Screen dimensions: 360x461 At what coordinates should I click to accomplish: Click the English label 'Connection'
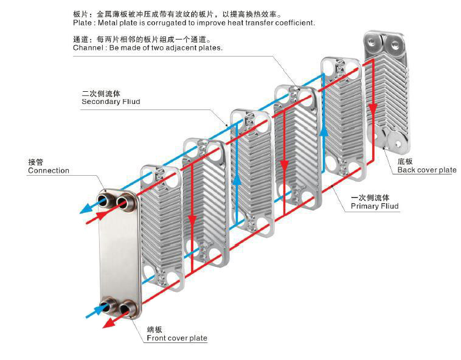point(49,171)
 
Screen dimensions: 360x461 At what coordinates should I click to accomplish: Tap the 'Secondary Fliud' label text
point(111,102)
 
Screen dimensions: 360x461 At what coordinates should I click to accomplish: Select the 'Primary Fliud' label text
point(375,207)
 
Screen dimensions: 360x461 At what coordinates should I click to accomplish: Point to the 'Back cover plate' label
point(426,170)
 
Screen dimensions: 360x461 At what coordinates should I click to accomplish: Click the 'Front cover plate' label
point(176,338)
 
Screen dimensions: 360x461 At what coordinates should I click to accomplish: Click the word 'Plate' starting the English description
point(82,23)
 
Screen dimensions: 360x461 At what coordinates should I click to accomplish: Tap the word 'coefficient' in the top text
point(294,23)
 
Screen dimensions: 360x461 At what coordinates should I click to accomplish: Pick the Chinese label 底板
point(405,161)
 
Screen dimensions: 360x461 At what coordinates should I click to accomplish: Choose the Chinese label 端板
point(154,329)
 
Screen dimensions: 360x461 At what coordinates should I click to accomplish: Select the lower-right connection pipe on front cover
point(128,310)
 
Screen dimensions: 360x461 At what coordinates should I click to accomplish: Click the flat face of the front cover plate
point(119,255)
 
